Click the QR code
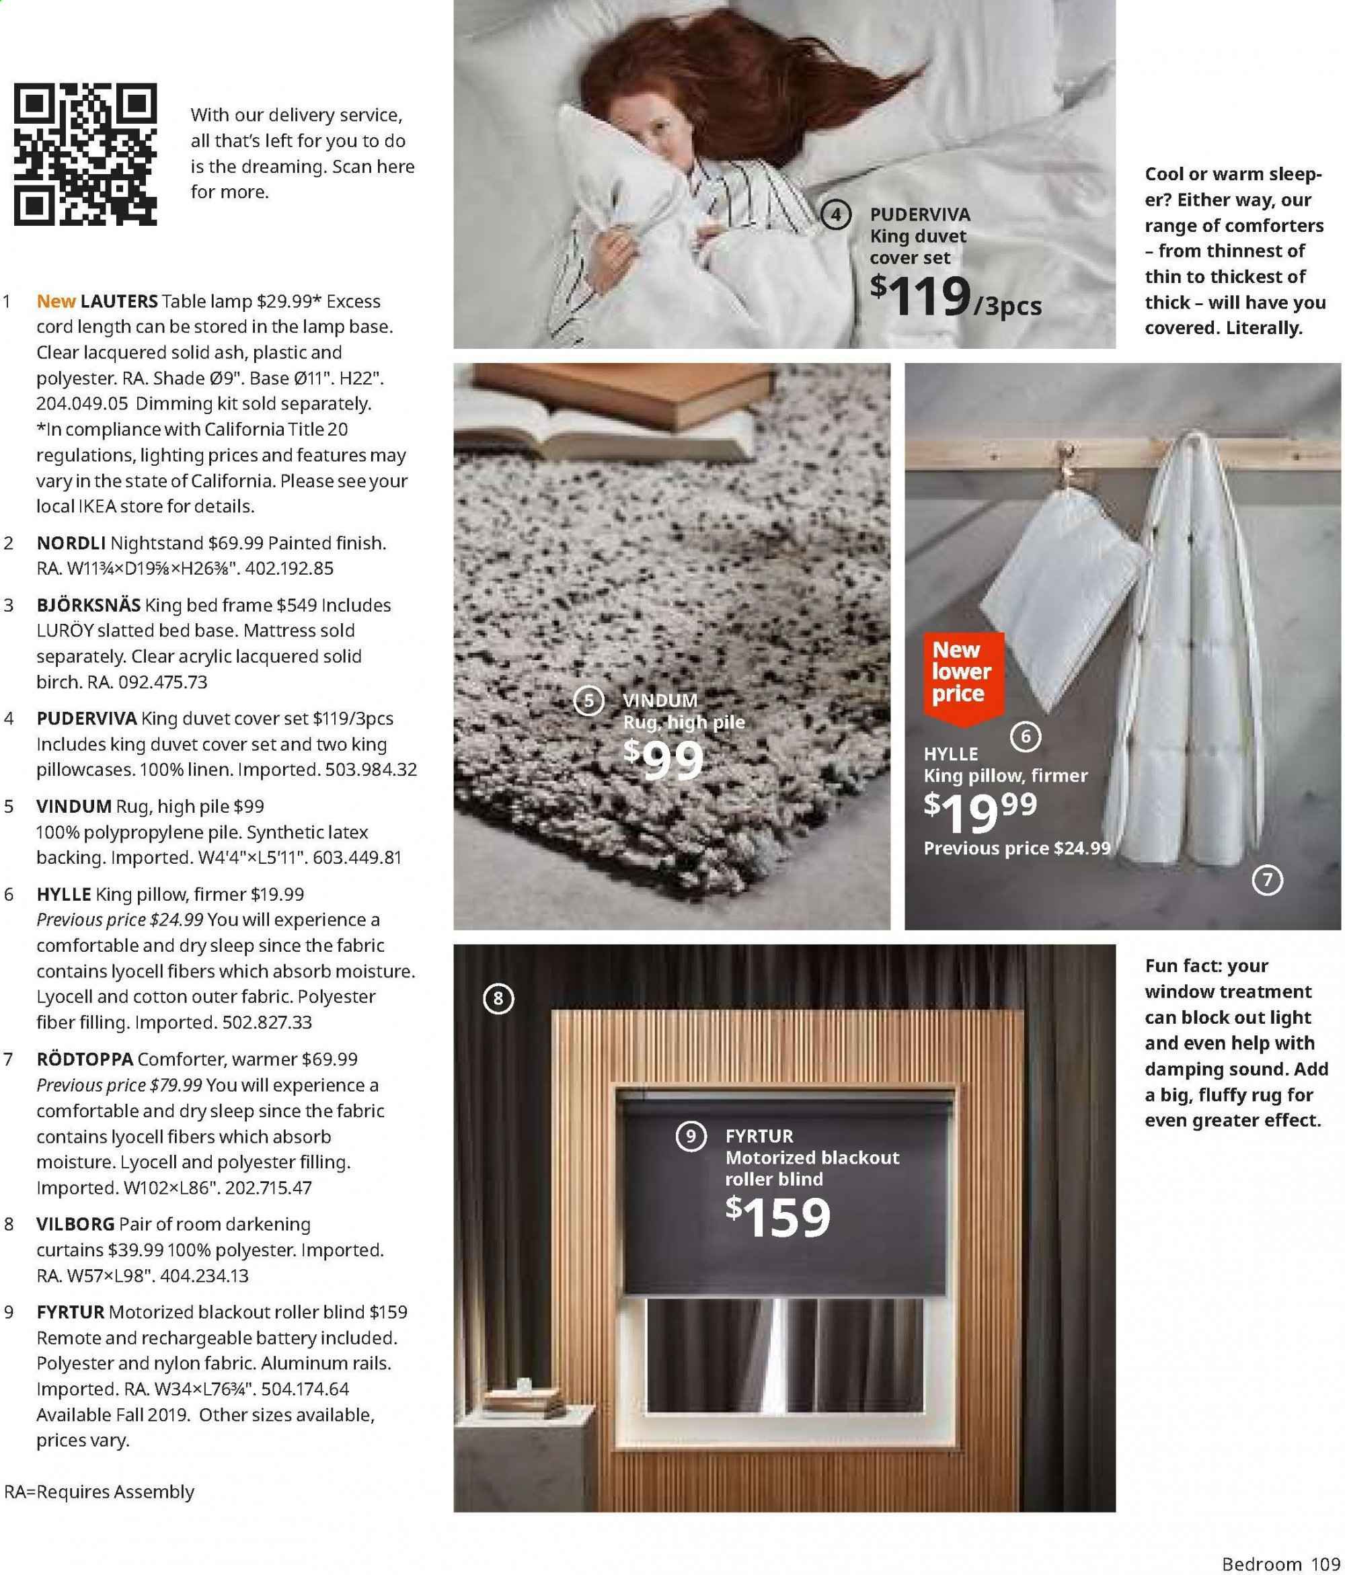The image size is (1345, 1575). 85,155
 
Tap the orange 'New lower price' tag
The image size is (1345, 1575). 961,673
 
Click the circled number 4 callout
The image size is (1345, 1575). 836,215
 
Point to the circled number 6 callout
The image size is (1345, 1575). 1025,736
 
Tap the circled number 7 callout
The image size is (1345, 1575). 1267,880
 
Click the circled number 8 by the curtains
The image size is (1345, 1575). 498,998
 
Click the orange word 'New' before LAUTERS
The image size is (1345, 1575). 56,301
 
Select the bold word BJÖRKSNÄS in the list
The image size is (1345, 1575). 88,605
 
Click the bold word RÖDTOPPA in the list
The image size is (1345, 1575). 84,1059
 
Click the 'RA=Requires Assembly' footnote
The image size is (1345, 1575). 99,1492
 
